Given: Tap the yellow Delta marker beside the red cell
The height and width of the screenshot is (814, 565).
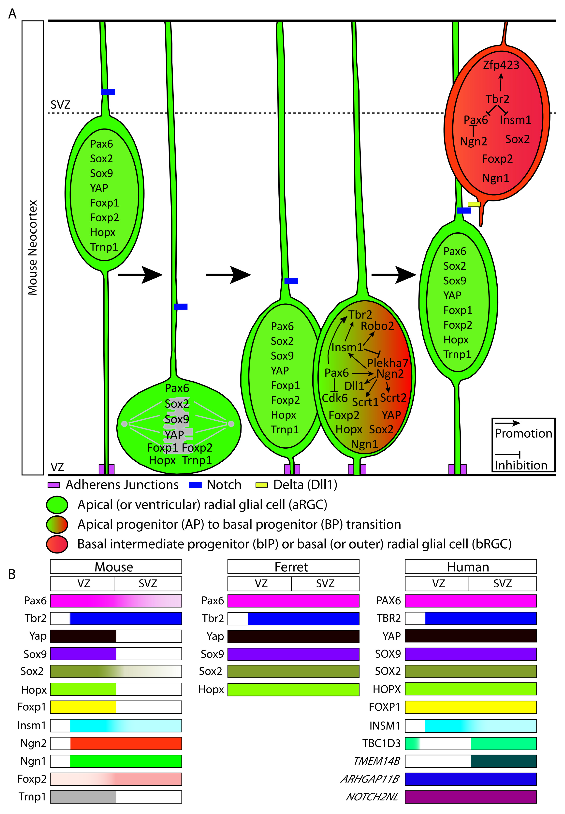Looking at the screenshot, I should click(x=474, y=204).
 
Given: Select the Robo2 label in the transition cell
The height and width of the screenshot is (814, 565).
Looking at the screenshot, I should click(x=377, y=326).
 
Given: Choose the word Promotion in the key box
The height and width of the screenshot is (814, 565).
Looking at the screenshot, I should click(x=523, y=433).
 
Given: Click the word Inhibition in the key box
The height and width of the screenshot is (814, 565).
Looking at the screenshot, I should click(x=521, y=465).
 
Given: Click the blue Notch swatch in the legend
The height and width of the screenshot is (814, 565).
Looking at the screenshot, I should click(x=195, y=485).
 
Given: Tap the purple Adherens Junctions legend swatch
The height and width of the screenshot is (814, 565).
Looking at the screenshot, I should click(x=54, y=485).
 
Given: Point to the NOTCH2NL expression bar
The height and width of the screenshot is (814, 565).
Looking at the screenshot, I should click(x=470, y=797).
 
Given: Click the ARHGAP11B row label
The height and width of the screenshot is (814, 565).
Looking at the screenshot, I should click(x=370, y=779).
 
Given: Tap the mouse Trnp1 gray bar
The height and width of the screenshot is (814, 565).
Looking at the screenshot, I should click(x=83, y=797).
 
